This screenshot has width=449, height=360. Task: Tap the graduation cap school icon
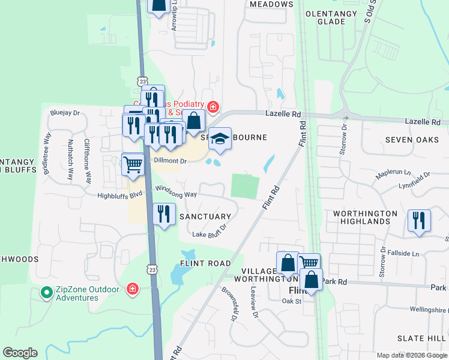[220, 139]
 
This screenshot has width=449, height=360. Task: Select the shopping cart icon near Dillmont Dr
[133, 163]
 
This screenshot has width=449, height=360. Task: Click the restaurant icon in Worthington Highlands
[419, 220]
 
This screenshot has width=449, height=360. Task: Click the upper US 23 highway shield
[142, 81]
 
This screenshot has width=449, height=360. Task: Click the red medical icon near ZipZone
[132, 290]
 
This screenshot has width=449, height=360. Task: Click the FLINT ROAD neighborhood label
[205, 263]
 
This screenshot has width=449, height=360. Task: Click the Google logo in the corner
[20, 353]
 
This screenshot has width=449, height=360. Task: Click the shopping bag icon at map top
[158, 5]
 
